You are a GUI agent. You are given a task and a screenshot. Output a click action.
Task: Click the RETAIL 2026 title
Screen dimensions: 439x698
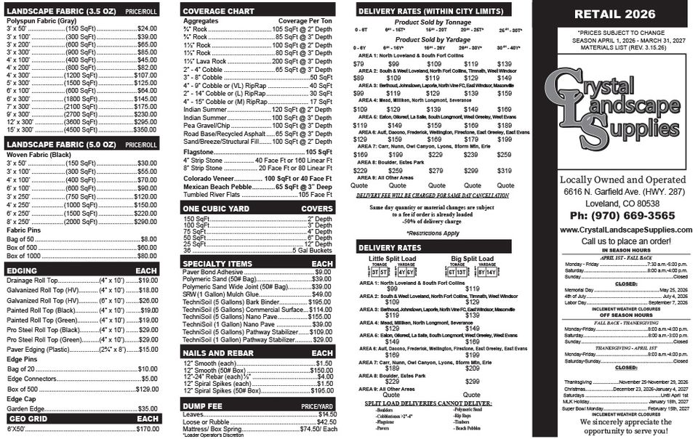point(614,14)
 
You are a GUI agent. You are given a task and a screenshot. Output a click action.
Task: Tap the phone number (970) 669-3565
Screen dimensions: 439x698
point(614,215)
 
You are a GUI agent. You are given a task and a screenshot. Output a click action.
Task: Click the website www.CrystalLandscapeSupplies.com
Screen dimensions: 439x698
point(614,230)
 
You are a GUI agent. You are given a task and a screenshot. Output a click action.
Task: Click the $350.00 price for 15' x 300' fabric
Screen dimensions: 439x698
point(145,129)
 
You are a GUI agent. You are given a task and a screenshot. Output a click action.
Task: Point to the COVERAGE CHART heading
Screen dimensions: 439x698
point(218,12)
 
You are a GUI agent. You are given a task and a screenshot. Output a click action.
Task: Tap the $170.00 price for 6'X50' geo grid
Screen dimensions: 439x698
point(147,429)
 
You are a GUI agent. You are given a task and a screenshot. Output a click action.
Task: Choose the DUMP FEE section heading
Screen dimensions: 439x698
point(207,405)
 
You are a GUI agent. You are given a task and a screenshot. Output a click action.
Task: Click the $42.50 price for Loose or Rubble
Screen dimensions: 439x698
point(326,422)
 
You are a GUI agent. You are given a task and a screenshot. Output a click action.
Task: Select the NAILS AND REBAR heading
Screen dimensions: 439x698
point(218,353)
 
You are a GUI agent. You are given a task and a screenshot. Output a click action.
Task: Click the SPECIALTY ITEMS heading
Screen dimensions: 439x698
point(218,263)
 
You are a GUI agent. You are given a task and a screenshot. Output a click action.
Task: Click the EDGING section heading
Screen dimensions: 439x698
point(22,270)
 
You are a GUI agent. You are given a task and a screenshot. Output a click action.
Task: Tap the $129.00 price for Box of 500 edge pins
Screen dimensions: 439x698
point(147,389)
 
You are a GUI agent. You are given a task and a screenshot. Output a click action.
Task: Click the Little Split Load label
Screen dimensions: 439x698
point(393,259)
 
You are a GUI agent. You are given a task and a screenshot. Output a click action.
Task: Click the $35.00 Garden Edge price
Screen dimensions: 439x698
point(147,408)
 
